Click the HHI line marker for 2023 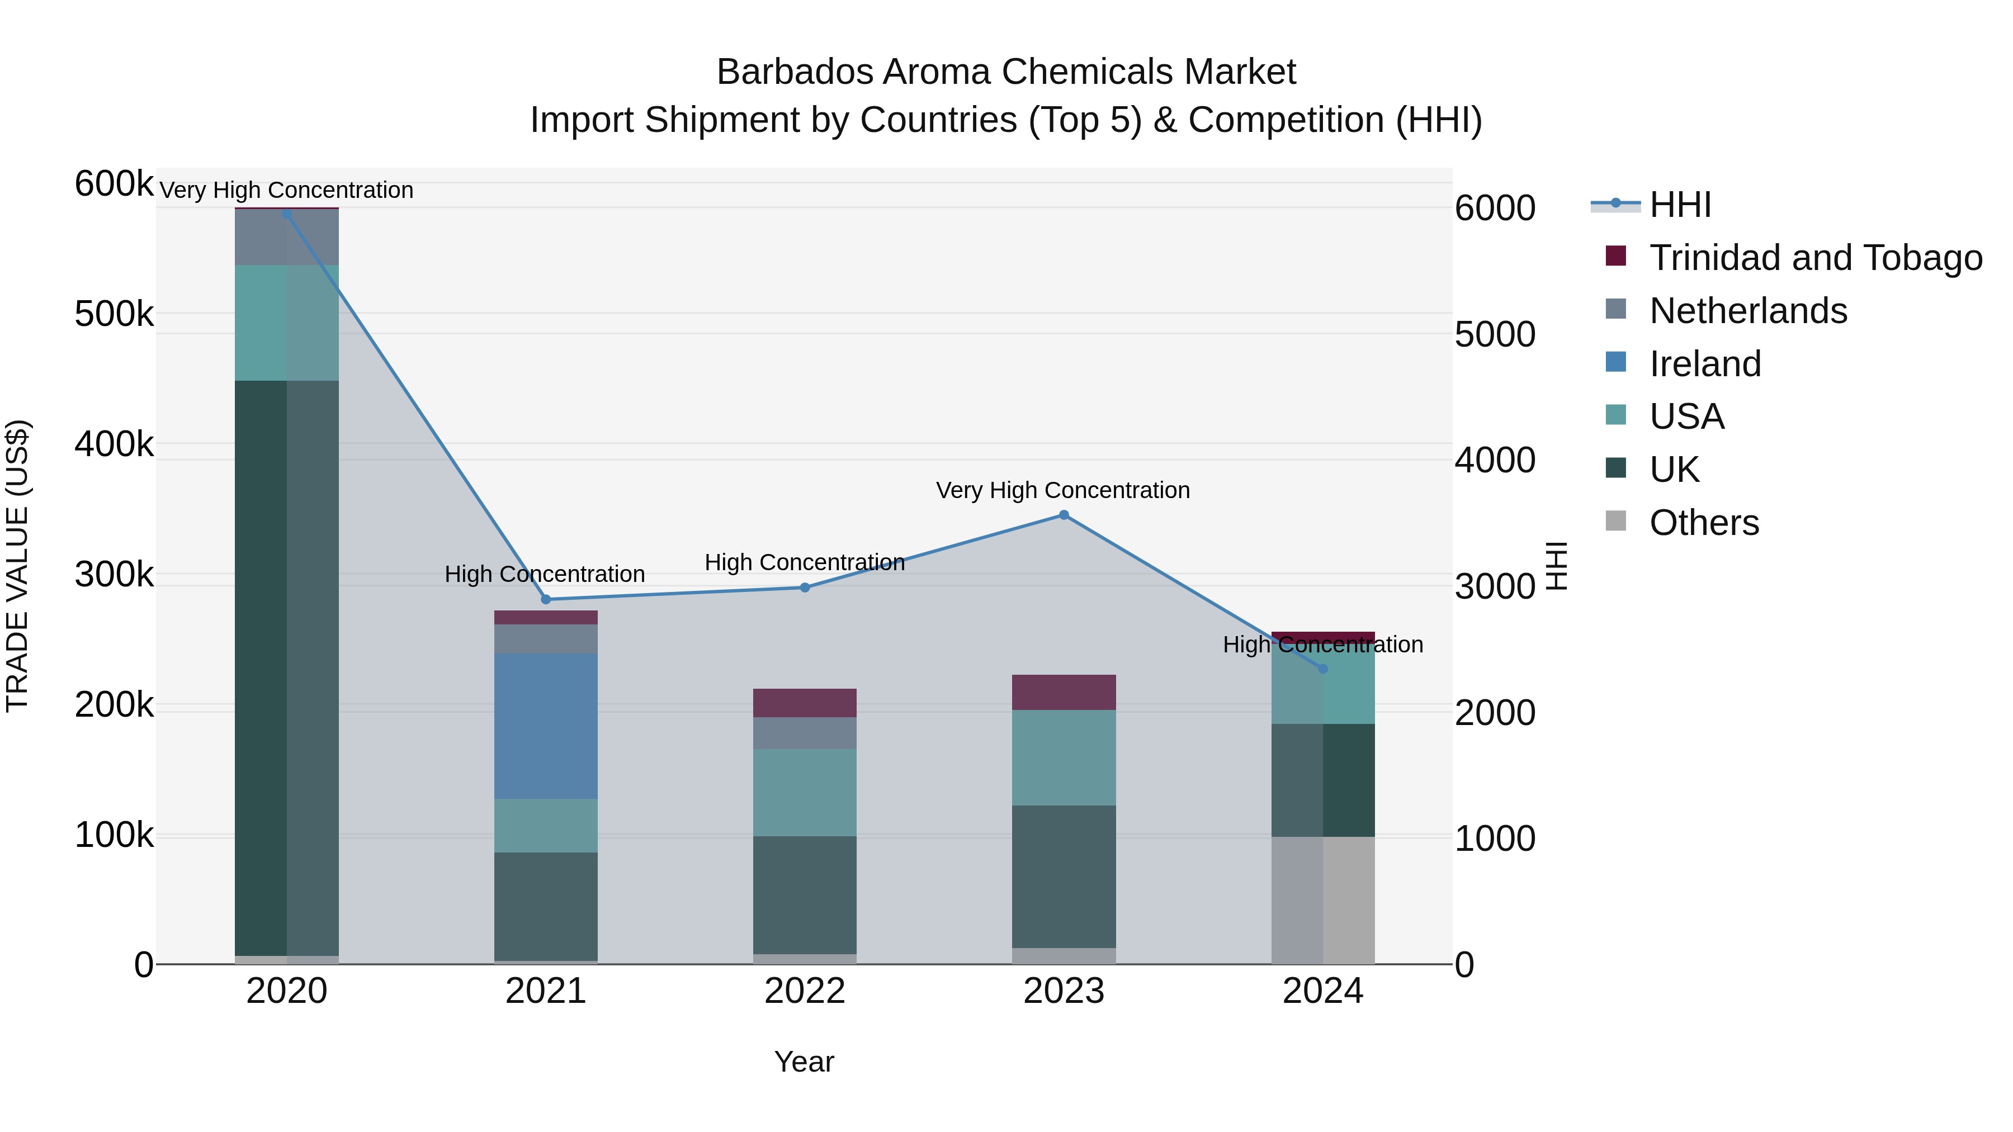coord(1064,515)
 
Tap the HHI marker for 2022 coord(805,588)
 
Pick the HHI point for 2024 coord(1322,669)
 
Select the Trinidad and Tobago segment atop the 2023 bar coord(1064,692)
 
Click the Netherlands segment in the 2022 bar coord(805,733)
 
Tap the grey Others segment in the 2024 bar coord(1322,900)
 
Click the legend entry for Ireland coord(1705,364)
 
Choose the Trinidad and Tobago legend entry coord(1815,258)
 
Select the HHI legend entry coord(1680,205)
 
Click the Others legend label coord(1704,523)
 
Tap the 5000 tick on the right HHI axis coord(1495,334)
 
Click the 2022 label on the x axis coord(805,991)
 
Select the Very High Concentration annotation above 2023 coord(1063,491)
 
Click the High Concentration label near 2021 coord(545,574)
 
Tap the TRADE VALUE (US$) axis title coord(17,566)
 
